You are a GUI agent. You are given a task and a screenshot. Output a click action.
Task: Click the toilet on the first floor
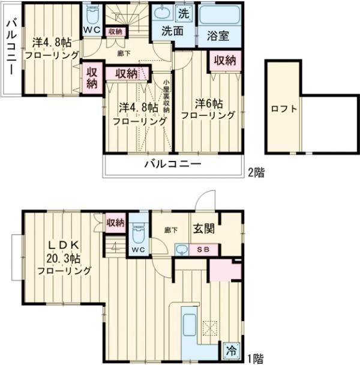pos(139,232)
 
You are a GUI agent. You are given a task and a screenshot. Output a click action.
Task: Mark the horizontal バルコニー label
pos(172,164)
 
